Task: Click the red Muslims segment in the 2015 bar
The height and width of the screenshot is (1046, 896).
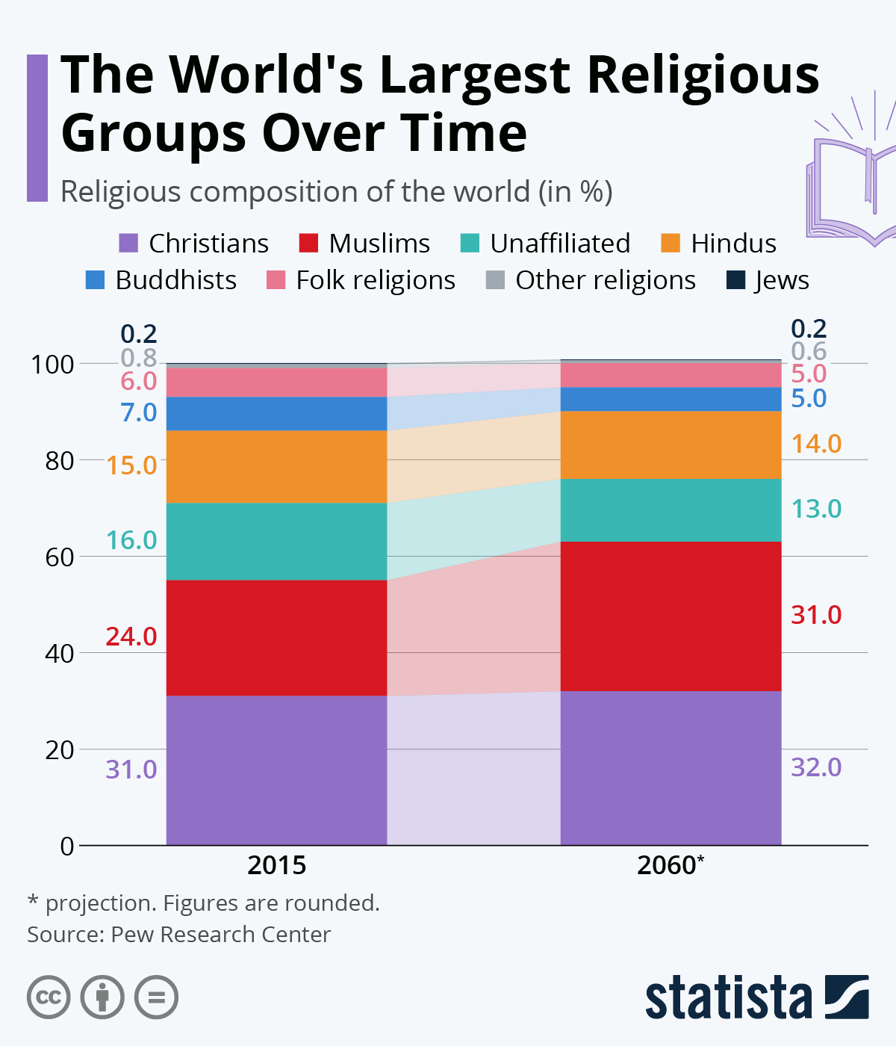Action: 276,637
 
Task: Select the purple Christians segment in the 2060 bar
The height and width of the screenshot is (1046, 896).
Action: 671,768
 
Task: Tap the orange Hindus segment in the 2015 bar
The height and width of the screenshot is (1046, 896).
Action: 276,466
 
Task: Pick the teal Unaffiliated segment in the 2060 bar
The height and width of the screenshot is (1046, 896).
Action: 671,510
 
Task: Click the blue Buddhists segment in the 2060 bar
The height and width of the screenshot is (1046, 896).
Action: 671,399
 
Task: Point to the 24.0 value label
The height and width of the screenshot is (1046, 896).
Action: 131,637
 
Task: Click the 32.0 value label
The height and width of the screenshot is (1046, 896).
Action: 816,767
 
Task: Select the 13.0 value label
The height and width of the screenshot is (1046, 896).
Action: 816,509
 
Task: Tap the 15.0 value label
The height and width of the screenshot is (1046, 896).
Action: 131,465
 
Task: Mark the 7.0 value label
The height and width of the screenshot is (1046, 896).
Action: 139,412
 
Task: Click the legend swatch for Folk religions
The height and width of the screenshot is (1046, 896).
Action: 276,280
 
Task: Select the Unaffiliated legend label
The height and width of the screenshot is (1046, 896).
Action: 559,244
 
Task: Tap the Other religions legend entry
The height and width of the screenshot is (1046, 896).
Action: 590,280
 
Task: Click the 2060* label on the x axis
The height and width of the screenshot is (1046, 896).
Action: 671,865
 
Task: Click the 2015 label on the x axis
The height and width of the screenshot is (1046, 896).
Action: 276,865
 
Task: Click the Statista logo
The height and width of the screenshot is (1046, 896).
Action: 756,997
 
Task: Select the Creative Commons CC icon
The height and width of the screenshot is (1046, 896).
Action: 49,997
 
